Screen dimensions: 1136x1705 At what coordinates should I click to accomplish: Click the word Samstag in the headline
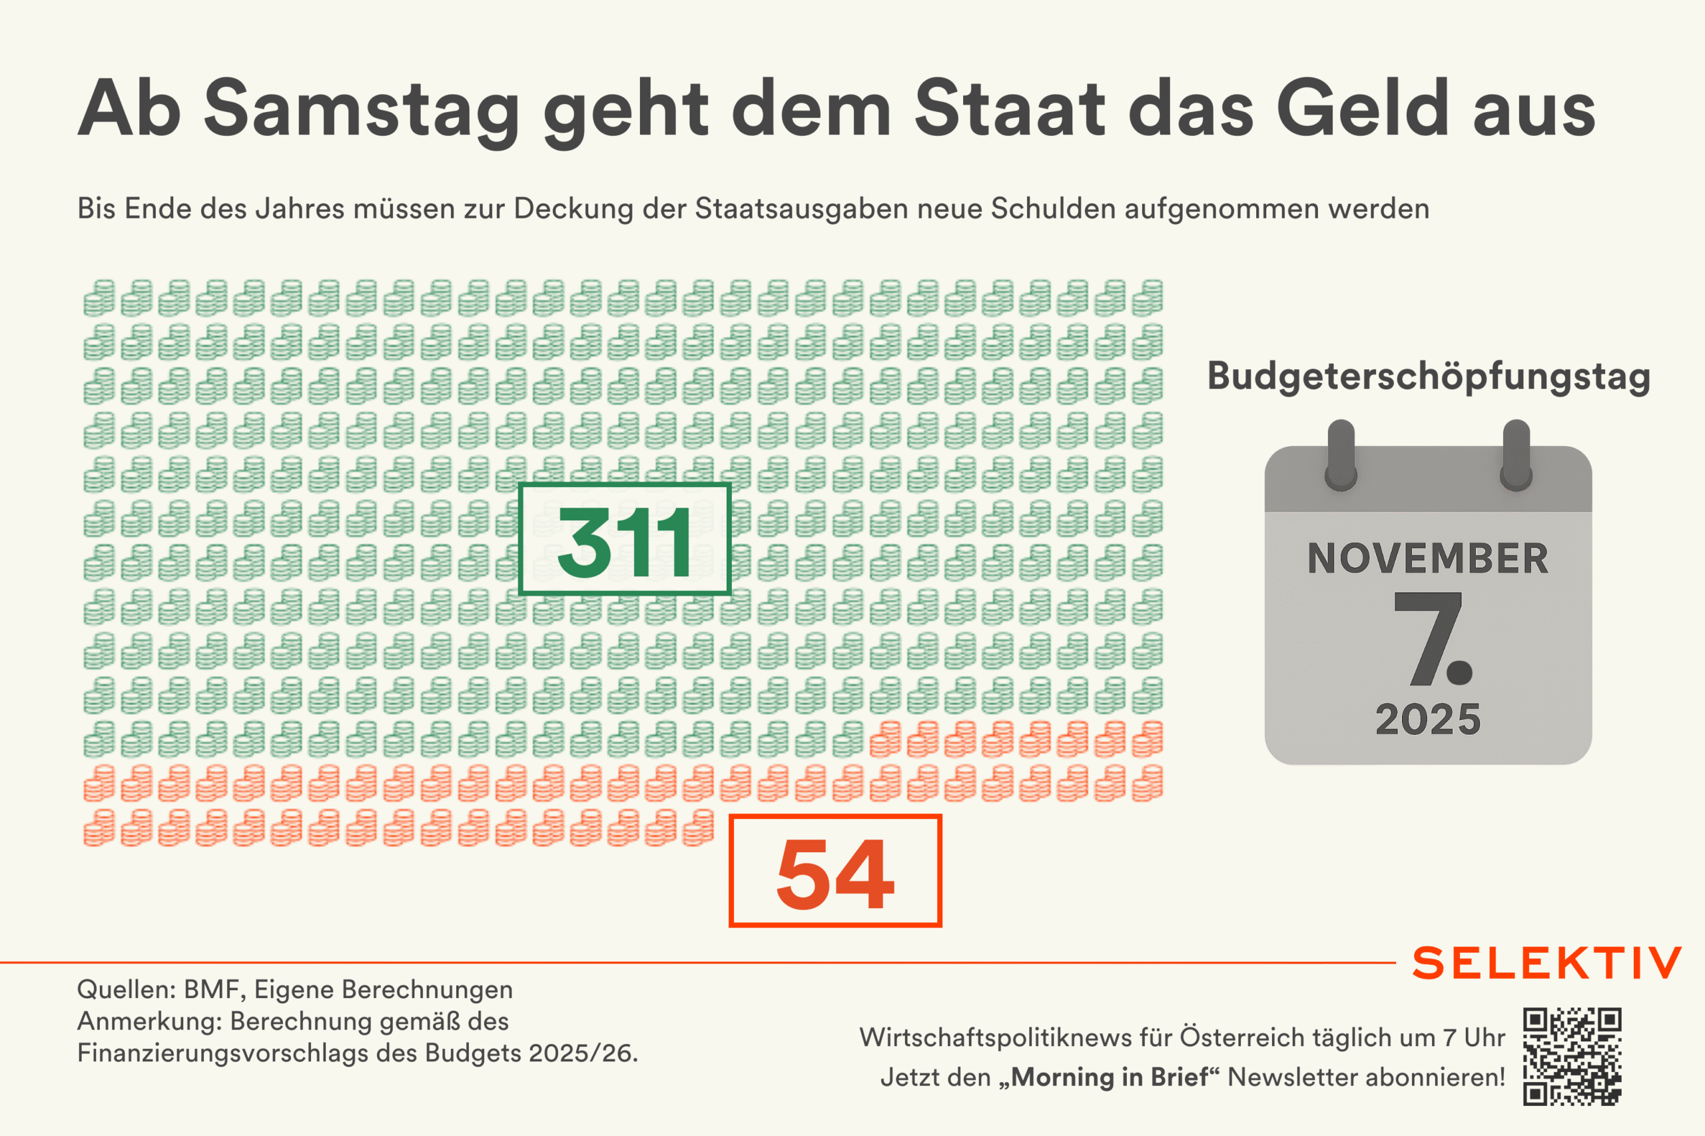360,109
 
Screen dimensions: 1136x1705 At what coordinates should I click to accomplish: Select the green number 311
624,540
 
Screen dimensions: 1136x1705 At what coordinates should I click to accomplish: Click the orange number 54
835,871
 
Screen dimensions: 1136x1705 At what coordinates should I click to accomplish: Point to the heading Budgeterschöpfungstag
1429,376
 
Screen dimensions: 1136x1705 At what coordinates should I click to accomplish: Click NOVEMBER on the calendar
1428,558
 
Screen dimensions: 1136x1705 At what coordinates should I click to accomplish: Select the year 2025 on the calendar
1428,720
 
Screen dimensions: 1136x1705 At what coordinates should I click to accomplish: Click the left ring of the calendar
1341,455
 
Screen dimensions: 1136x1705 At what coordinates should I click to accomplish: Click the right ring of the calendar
1516,455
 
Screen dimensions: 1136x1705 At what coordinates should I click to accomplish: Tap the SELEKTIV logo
1547,963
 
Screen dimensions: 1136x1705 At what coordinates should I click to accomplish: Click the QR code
1572,1055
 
